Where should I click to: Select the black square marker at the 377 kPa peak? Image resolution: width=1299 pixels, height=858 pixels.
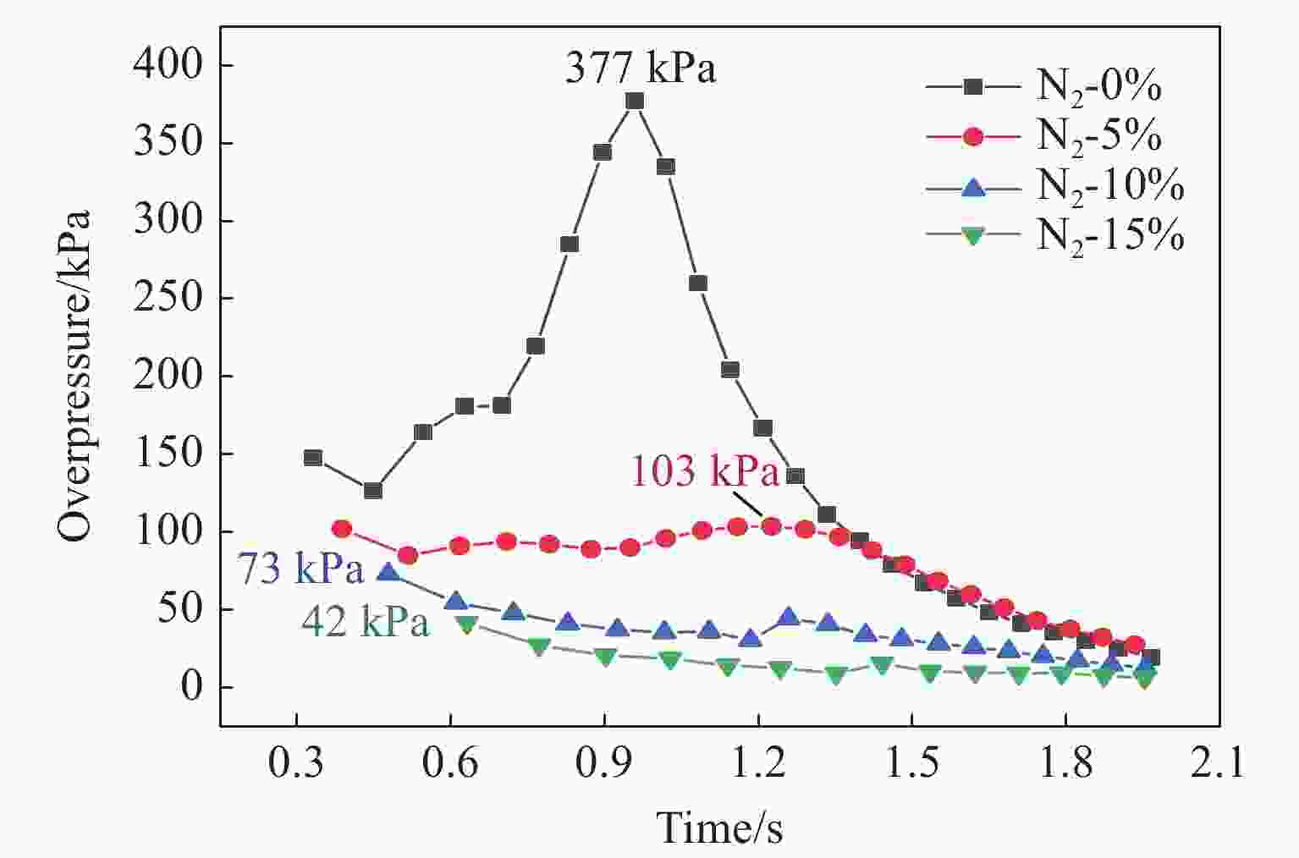pyautogui.click(x=635, y=102)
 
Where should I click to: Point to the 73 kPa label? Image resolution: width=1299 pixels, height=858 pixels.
pyautogui.click(x=300, y=569)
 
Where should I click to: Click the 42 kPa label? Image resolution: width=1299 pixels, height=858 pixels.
pyautogui.click(x=365, y=623)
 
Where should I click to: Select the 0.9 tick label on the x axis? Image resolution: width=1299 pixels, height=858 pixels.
pyautogui.click(x=603, y=763)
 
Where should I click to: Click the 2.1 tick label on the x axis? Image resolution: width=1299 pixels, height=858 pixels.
pyautogui.click(x=1219, y=763)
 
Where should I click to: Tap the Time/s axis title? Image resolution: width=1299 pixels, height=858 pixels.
pyautogui.click(x=719, y=827)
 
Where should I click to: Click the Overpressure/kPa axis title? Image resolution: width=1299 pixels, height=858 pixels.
pyautogui.click(x=74, y=376)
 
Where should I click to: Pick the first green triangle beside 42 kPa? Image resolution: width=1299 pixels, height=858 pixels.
pyautogui.click(x=466, y=624)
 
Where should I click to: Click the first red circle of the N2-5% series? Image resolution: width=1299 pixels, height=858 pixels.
pyautogui.click(x=341, y=529)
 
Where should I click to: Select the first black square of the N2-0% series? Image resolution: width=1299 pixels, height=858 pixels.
pyautogui.click(x=312, y=458)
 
